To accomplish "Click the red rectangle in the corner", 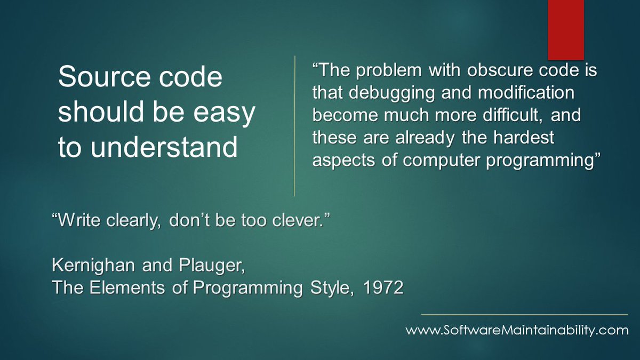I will click(566, 29).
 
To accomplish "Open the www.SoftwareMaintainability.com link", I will click(517, 331).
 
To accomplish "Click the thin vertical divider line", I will click(294, 126).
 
